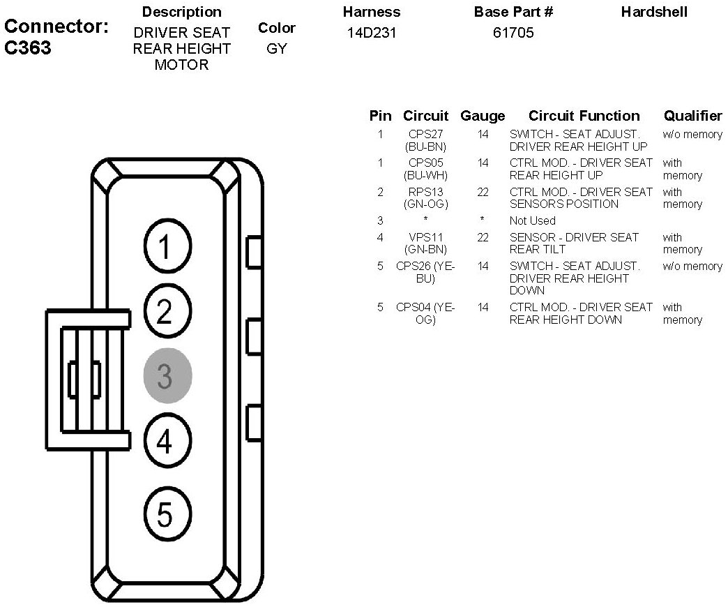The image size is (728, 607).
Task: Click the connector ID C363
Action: click(28, 49)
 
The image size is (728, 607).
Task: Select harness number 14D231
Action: click(371, 33)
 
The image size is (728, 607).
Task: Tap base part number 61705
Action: click(514, 33)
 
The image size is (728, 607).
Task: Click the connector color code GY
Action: click(276, 50)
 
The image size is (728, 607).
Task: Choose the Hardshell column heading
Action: click(653, 12)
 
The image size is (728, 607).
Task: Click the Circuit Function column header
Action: click(584, 116)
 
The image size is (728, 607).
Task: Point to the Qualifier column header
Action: click(692, 116)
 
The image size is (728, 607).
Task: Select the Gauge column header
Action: click(483, 116)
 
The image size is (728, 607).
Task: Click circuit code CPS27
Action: click(426, 134)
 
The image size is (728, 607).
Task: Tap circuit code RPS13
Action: click(426, 192)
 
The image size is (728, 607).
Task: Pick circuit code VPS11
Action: click(426, 237)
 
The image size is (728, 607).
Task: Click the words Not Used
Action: click(532, 220)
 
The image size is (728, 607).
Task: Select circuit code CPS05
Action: click(426, 163)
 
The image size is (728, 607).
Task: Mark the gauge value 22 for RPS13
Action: click(483, 192)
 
